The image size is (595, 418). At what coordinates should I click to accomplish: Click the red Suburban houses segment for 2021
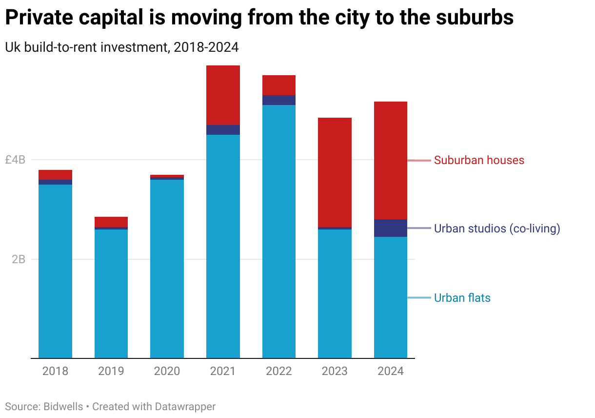[223, 95]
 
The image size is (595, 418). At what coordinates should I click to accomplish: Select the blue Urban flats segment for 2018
[55, 271]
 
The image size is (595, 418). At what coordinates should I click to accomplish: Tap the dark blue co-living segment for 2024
[391, 228]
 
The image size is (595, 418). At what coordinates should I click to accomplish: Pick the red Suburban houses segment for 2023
[335, 172]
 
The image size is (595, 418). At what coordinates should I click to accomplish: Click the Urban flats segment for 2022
[279, 231]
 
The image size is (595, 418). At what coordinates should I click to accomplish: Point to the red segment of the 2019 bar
[111, 222]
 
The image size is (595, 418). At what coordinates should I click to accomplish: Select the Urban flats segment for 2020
[167, 269]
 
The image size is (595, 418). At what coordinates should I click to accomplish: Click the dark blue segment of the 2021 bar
[223, 129]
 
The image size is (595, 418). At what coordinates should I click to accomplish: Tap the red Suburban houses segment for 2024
[391, 160]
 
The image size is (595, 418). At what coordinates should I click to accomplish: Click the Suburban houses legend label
[479, 160]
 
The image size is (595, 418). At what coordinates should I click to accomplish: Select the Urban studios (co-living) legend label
[497, 229]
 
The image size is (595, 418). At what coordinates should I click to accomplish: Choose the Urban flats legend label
[462, 298]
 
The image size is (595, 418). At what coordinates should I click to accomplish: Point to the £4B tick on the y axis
[15, 160]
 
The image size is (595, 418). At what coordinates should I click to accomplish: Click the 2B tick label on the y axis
[19, 259]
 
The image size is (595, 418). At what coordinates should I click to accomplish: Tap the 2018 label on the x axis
[55, 371]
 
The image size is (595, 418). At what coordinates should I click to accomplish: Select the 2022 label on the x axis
[279, 371]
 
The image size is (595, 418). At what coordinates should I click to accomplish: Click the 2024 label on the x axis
[391, 371]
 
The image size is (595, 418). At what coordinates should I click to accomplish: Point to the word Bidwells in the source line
[62, 406]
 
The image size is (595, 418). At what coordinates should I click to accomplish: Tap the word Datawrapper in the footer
[185, 406]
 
